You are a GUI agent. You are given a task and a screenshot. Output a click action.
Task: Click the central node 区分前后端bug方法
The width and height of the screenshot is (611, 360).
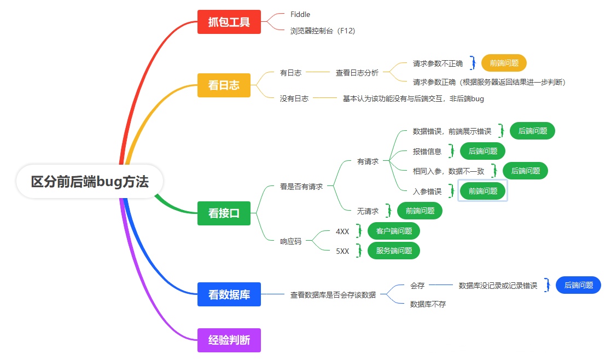[90, 182]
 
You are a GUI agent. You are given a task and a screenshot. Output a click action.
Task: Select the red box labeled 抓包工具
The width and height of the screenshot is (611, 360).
[229, 22]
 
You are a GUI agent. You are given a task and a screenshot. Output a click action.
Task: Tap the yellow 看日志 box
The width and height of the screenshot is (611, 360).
[224, 85]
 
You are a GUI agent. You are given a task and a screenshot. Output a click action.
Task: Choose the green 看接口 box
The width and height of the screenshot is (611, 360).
[224, 213]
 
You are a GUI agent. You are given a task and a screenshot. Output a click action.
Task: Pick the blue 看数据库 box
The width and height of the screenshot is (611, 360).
[229, 294]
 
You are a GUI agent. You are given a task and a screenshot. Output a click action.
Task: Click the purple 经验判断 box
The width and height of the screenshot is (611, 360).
[229, 340]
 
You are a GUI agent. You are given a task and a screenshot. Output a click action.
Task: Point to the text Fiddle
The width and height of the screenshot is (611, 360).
[300, 14]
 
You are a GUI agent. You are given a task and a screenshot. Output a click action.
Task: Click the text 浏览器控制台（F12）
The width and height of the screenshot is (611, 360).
[323, 31]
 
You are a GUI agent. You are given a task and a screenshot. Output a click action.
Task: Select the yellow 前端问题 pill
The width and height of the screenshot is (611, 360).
[504, 63]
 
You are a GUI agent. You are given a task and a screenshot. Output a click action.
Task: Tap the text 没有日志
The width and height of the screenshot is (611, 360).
[294, 98]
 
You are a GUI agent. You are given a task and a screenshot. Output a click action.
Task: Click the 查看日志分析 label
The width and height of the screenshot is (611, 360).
[357, 72]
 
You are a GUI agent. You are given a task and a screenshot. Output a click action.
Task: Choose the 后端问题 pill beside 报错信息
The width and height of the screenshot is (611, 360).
[482, 151]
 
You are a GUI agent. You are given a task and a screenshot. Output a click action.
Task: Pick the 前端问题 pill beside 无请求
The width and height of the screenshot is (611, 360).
[420, 211]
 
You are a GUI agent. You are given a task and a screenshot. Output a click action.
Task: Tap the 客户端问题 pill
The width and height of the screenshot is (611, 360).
[394, 231]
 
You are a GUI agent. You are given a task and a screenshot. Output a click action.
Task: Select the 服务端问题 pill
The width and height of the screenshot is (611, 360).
[394, 251]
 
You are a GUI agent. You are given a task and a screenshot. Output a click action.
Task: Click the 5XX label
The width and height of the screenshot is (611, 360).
[342, 251]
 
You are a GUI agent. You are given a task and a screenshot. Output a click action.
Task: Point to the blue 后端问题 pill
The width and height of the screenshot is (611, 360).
[578, 285]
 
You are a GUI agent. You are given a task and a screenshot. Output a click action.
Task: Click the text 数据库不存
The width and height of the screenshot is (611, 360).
[428, 304]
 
